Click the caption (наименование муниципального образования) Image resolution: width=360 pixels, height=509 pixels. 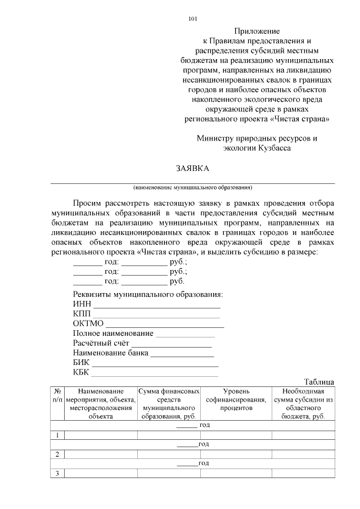point(192,187)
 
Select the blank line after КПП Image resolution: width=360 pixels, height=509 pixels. point(156,316)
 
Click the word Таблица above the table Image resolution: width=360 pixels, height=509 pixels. point(319,382)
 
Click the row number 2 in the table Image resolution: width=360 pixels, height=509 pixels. point(57,454)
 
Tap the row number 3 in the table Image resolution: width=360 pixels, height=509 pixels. point(57,473)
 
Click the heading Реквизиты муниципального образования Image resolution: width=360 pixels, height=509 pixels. point(148,295)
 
